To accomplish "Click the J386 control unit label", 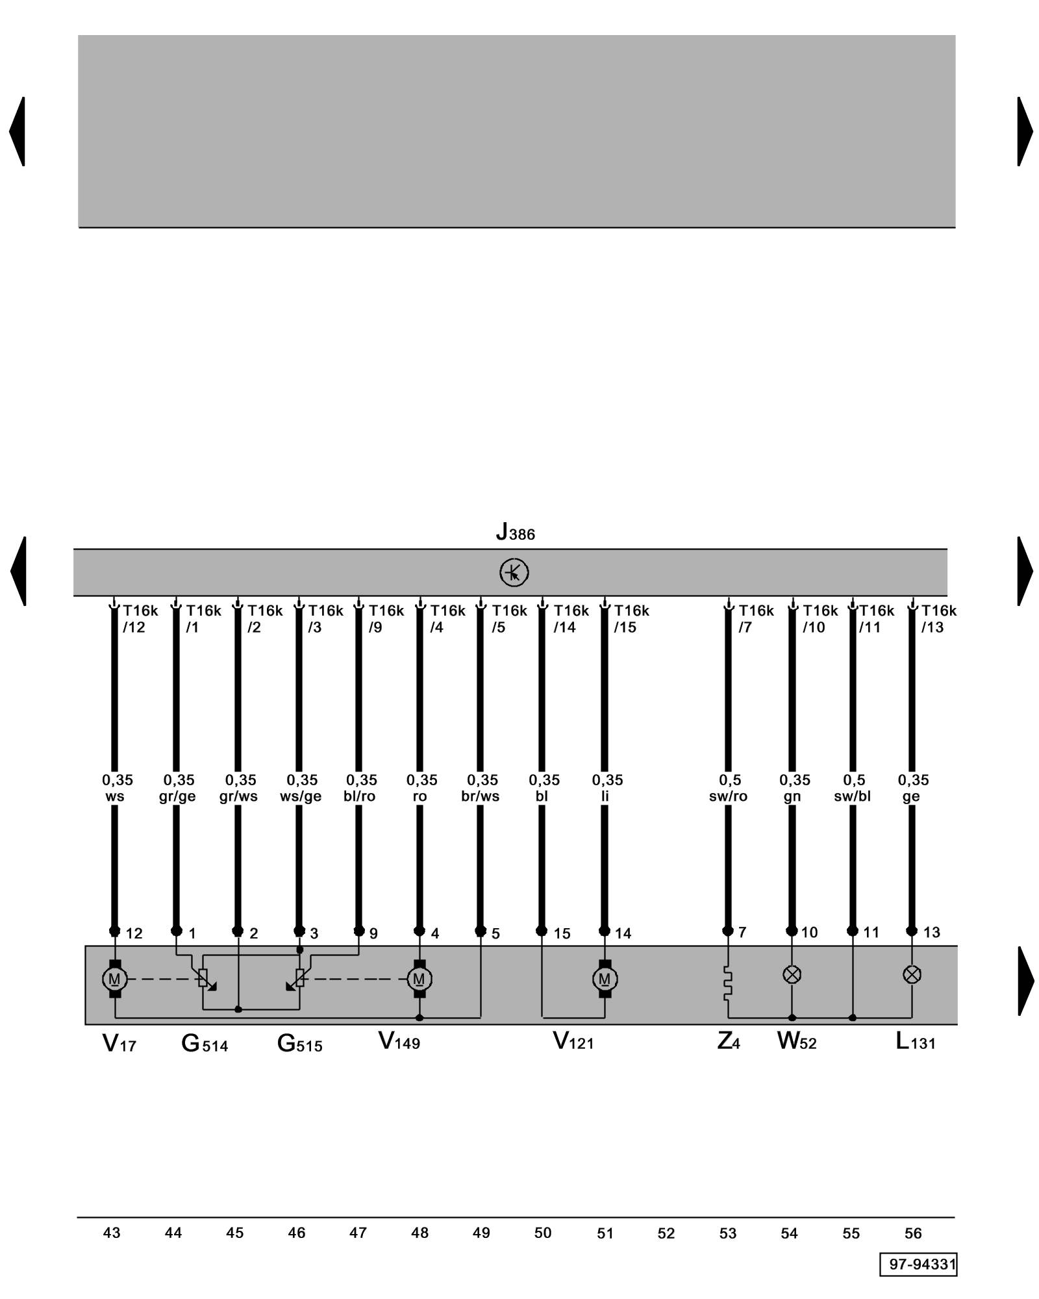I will point(515,533).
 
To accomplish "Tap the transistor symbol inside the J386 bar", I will point(514,572).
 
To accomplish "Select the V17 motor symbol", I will point(115,979).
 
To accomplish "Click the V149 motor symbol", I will point(419,979).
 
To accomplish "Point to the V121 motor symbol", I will point(605,979).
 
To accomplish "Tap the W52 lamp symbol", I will point(792,974).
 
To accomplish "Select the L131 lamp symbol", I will point(912,974).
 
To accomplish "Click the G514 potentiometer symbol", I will point(203,977).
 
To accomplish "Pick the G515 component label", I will point(299,1043).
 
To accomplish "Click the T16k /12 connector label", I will point(139,619).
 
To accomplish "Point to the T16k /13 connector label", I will point(938,619).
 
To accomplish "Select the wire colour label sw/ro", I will point(728,796).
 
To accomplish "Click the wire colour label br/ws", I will point(481,796).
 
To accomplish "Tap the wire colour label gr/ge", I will point(177,796).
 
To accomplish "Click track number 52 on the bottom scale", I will point(666,1233).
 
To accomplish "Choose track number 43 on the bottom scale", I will point(112,1233).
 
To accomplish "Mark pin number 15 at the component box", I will point(562,933).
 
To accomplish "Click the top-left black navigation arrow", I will point(18,131).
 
